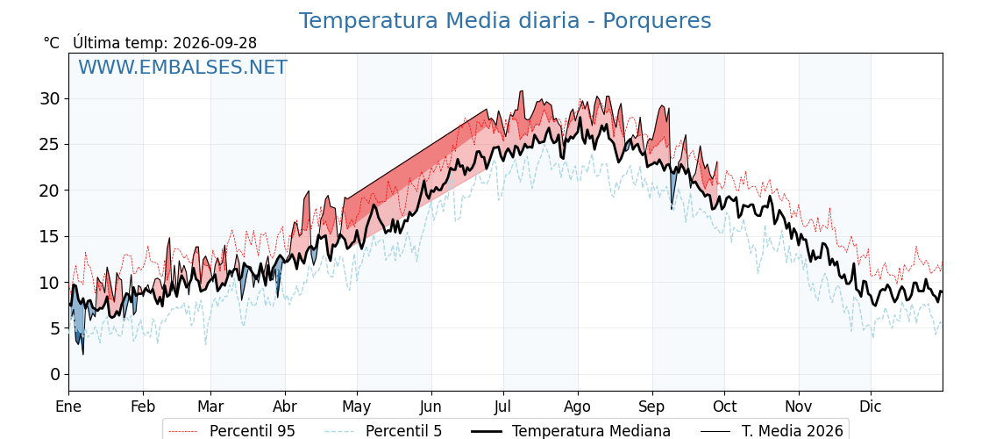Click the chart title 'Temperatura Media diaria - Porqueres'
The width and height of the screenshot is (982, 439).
click(x=505, y=21)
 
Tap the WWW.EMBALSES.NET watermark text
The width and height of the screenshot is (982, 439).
click(x=183, y=67)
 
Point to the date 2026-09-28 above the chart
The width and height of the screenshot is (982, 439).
click(x=215, y=43)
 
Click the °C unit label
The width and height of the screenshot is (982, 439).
click(x=52, y=43)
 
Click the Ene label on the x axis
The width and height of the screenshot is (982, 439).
click(x=68, y=407)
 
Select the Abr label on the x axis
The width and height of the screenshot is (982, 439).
click(x=286, y=407)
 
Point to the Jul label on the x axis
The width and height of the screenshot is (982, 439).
click(x=504, y=407)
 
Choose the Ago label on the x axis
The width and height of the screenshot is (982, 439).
click(x=578, y=407)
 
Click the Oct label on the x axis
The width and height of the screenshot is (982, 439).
click(x=725, y=407)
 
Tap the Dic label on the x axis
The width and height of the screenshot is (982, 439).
click(x=871, y=407)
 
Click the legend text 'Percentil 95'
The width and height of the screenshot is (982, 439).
click(x=253, y=431)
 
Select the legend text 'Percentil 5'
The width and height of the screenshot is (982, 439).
click(x=404, y=431)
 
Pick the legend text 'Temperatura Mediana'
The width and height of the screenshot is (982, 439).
click(x=591, y=431)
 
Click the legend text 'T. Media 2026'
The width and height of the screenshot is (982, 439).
click(x=793, y=431)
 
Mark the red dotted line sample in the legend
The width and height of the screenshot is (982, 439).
click(x=184, y=431)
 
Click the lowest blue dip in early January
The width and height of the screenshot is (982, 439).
click(x=82, y=354)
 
